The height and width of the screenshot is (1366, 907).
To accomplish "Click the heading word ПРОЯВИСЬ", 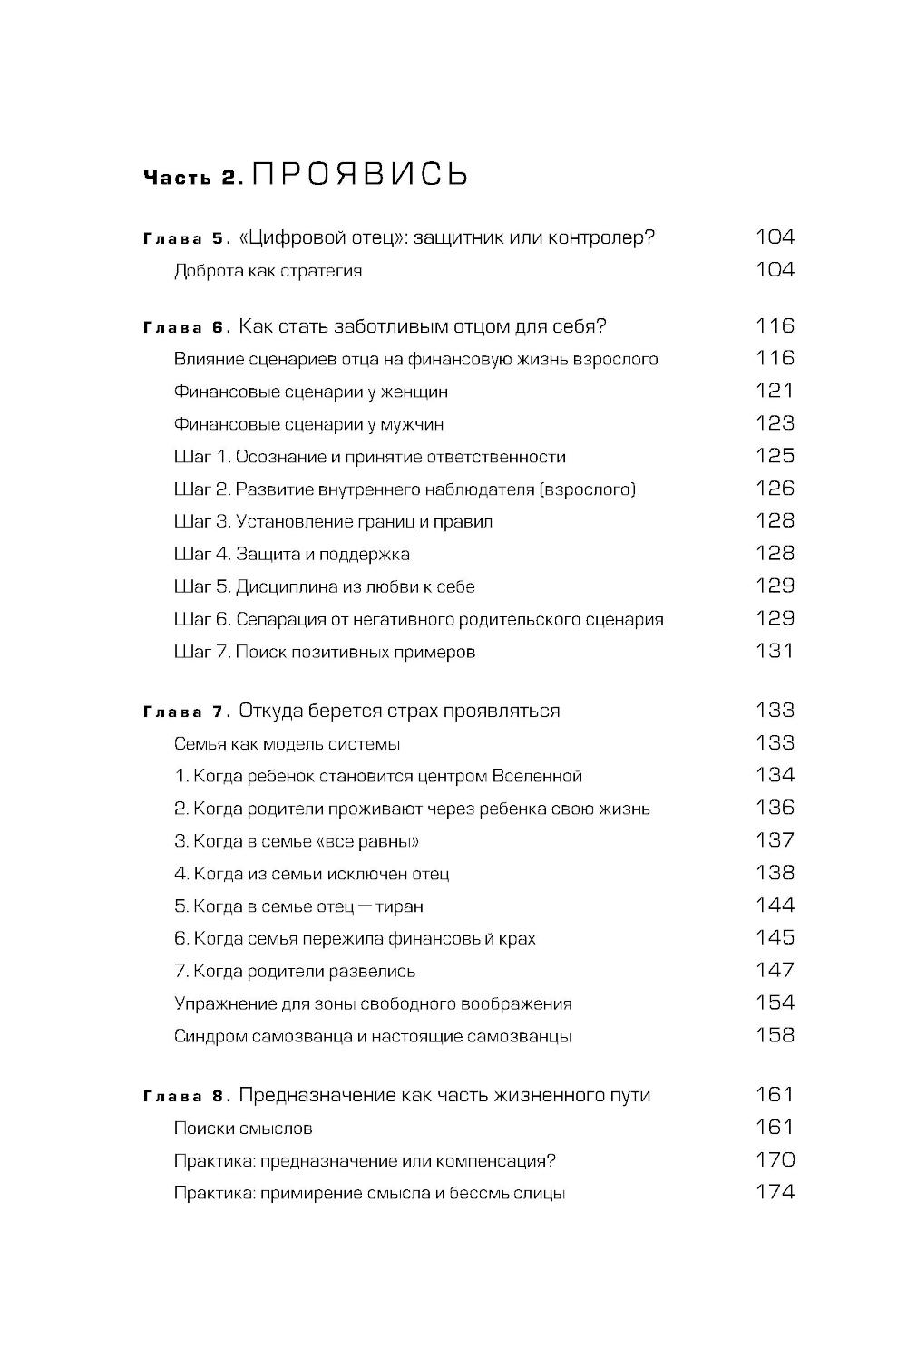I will [360, 173].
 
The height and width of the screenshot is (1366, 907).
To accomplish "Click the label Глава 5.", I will [184, 239].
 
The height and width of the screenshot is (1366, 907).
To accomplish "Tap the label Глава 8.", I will [184, 1097].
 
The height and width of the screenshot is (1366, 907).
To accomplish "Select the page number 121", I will [775, 391].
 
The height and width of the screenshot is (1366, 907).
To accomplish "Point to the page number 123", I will [775, 423].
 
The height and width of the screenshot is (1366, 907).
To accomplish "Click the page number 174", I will [775, 1192].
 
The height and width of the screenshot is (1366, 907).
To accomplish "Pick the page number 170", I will [775, 1159].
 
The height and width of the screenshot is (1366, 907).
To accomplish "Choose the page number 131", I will [775, 651].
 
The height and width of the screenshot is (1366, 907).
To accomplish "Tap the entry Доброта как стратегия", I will [268, 271].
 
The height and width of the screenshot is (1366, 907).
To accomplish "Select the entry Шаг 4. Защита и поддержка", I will [291, 554].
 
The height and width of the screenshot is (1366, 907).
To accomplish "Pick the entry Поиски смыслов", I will [242, 1129].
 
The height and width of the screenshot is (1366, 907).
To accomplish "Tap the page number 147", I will [775, 970].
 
